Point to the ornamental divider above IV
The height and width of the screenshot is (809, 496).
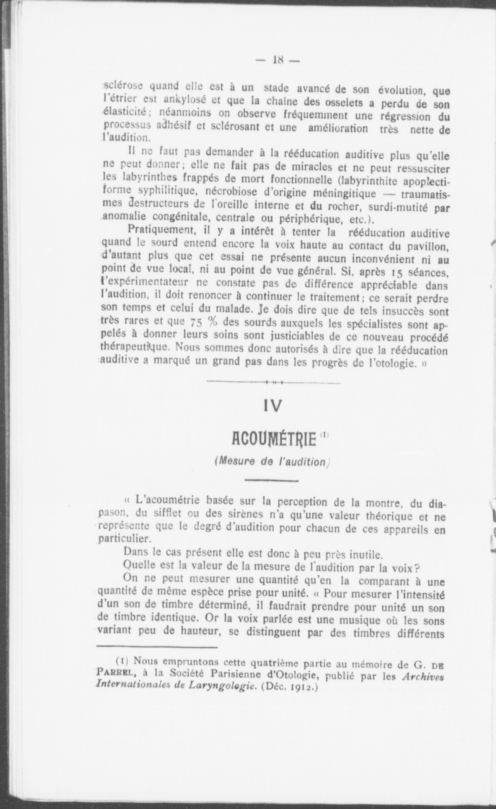coord(272,382)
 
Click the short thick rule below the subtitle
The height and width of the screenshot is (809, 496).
coord(271,480)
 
